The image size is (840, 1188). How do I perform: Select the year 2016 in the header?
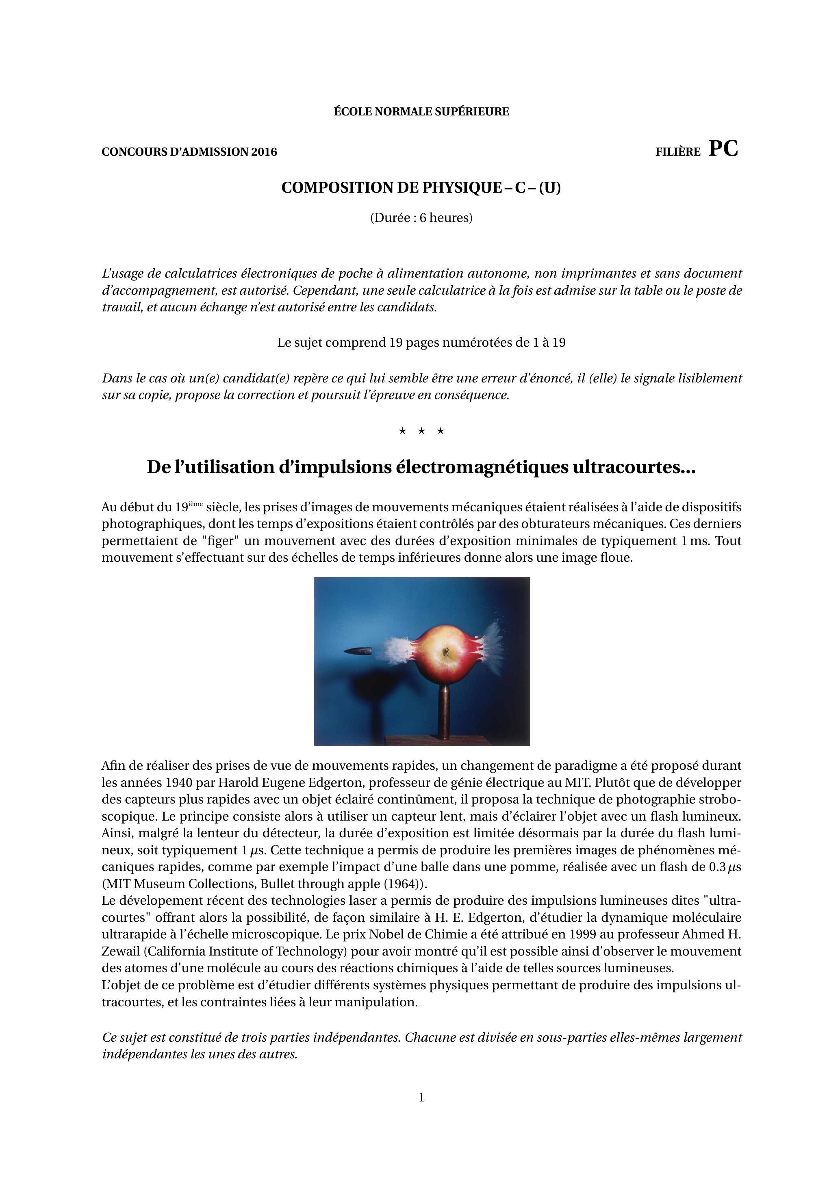(x=264, y=152)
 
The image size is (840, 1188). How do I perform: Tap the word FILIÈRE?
(x=678, y=152)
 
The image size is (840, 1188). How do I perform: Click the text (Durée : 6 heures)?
(x=421, y=218)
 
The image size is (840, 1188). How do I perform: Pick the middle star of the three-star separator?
(x=421, y=430)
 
